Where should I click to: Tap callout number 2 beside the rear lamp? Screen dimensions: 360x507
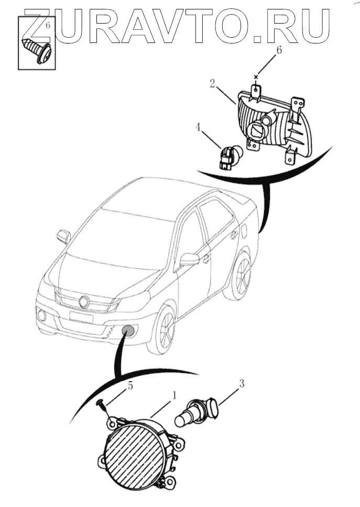212,84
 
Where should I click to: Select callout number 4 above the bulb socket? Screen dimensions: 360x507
198,127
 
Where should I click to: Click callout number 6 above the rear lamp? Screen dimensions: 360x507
279,50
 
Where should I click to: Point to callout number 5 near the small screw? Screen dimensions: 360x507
130,386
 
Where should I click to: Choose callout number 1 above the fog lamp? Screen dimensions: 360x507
174,395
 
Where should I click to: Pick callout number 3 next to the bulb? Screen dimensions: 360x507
241,384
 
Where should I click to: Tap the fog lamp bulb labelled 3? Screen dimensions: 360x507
197,413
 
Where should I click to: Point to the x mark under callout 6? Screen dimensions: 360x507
256,77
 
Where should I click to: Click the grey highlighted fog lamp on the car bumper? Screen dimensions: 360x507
129,331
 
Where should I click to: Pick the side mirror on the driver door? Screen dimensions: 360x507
190,258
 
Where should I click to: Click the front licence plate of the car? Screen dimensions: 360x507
81,317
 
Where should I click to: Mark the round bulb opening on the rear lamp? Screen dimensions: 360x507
258,131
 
